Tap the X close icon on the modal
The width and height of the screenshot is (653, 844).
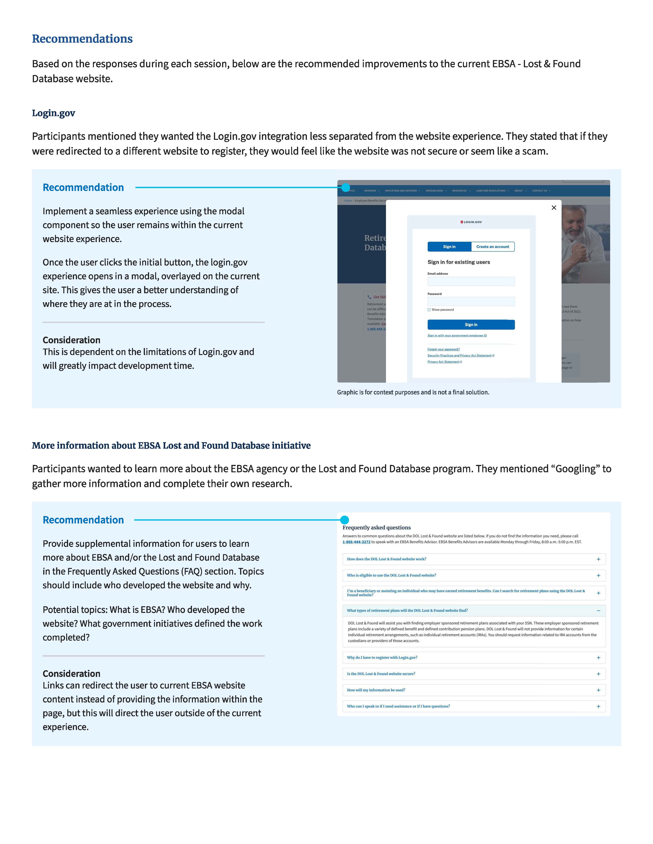pyautogui.click(x=554, y=207)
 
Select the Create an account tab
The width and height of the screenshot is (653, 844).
pyautogui.click(x=493, y=246)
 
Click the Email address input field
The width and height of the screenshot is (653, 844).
pyautogui.click(x=471, y=281)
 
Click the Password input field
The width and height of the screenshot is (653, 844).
pyautogui.click(x=471, y=301)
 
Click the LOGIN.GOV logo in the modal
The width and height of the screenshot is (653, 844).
pyautogui.click(x=471, y=222)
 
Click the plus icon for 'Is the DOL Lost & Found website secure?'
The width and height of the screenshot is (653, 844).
pyautogui.click(x=598, y=673)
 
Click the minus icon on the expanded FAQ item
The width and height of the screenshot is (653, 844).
pyautogui.click(x=598, y=611)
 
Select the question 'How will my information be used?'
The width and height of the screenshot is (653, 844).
pyautogui.click(x=376, y=690)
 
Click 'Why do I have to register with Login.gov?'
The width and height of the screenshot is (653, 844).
pyautogui.click(x=382, y=657)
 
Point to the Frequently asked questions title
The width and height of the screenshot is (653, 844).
pyautogui.click(x=376, y=527)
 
